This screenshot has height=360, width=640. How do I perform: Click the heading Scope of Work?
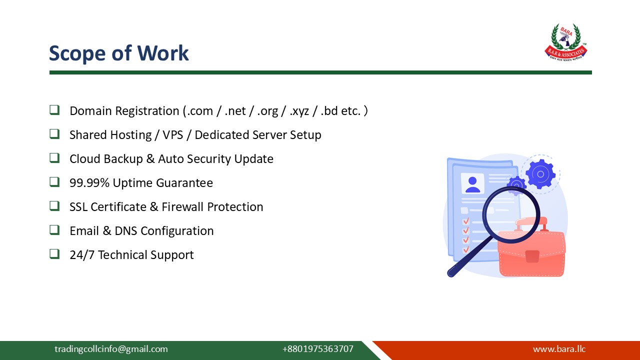(119, 53)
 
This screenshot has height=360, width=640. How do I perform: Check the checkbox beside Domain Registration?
(54, 110)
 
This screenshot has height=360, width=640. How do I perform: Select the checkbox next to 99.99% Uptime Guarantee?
(54, 182)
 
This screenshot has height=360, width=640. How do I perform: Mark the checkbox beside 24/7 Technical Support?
(54, 254)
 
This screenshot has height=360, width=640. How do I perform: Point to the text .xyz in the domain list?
(299, 111)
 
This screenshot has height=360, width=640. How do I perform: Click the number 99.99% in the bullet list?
(89, 183)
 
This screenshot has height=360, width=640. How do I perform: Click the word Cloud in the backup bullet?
(85, 159)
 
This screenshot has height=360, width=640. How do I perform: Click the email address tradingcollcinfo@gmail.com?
(111, 349)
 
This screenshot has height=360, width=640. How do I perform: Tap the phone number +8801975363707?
(317, 349)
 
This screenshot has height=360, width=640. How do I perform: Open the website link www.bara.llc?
(559, 349)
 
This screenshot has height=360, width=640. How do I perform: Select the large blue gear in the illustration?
(540, 173)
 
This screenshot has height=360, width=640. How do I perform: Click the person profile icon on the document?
(472, 183)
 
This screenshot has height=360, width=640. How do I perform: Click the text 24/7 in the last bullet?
(82, 255)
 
